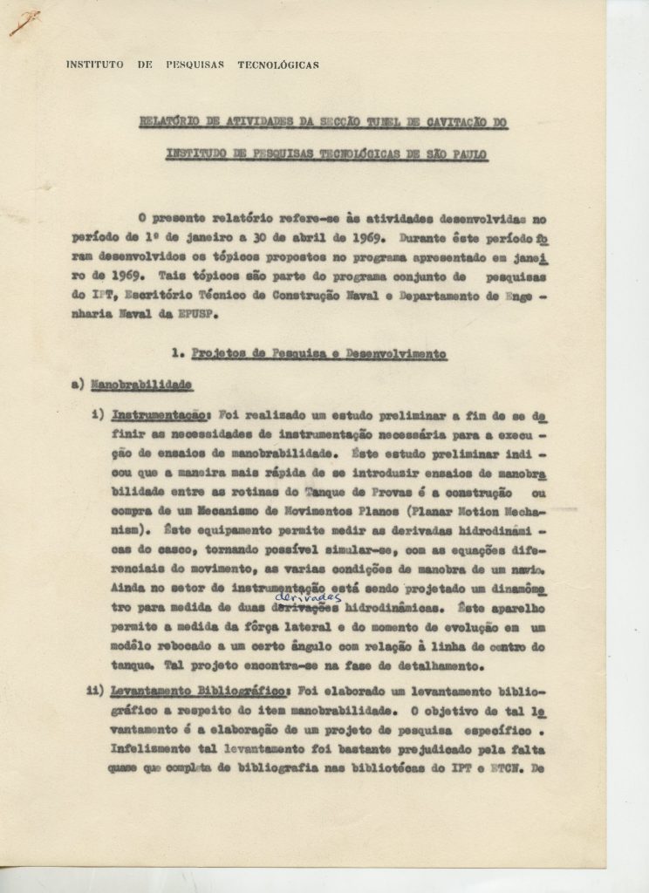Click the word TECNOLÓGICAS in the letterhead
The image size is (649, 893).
tap(277, 65)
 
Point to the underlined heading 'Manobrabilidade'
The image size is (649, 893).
tap(153, 385)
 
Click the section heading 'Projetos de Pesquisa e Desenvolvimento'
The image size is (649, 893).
tap(319, 354)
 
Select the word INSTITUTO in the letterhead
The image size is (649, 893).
tap(94, 65)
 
